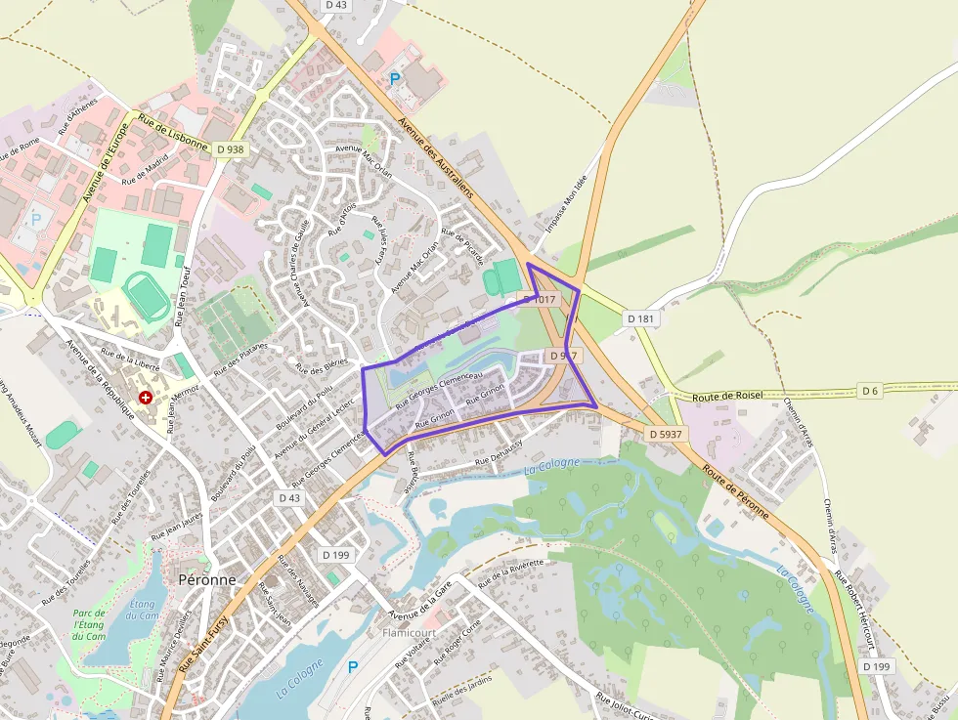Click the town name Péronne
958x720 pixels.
pos(207,578)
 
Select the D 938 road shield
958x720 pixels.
pos(231,149)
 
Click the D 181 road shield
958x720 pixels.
pos(641,318)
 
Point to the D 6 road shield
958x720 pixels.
pos(870,391)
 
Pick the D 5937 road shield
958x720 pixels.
pos(666,432)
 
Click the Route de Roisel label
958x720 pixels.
pos(726,397)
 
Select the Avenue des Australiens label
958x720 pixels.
pos(437,156)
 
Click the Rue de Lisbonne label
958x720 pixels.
pos(173,131)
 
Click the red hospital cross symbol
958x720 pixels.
pos(146,398)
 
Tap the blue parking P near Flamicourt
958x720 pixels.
pos(353,667)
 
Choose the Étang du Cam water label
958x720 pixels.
pos(143,611)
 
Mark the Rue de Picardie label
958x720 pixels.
pos(462,246)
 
